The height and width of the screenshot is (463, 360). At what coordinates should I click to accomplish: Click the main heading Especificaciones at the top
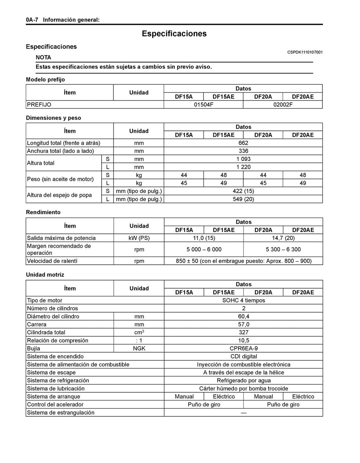(x=174, y=34)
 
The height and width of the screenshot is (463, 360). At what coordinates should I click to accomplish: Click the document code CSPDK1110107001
(x=305, y=52)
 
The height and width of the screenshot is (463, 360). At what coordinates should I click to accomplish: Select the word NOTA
(x=43, y=57)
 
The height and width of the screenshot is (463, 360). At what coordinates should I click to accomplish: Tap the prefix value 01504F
(x=204, y=105)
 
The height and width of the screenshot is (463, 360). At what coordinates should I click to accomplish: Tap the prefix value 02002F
(x=283, y=105)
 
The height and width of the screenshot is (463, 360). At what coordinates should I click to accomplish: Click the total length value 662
(x=243, y=143)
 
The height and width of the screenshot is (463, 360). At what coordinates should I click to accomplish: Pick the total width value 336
(x=243, y=151)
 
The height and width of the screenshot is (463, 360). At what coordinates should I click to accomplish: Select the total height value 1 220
(x=243, y=167)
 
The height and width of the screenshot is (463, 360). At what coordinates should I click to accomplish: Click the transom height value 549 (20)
(x=243, y=199)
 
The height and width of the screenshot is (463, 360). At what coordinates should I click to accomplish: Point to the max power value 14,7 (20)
(x=283, y=238)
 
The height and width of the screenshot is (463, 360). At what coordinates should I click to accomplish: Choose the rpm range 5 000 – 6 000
(x=204, y=250)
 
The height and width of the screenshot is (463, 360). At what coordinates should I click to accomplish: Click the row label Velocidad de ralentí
(x=52, y=261)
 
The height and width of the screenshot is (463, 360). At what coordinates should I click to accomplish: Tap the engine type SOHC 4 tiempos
(x=243, y=301)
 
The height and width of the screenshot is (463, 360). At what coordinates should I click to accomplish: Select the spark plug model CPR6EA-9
(x=243, y=349)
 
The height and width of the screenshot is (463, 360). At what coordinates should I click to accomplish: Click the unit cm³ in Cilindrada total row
(x=139, y=333)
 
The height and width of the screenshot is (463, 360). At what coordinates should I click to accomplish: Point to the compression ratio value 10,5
(x=243, y=341)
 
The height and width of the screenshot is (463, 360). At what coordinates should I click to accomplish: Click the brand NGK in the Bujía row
(x=139, y=349)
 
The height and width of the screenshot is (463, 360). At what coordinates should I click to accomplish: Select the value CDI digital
(x=243, y=357)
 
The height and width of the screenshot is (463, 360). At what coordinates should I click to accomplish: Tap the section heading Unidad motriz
(x=45, y=275)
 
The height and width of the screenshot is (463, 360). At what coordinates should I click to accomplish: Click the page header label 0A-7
(x=32, y=20)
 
